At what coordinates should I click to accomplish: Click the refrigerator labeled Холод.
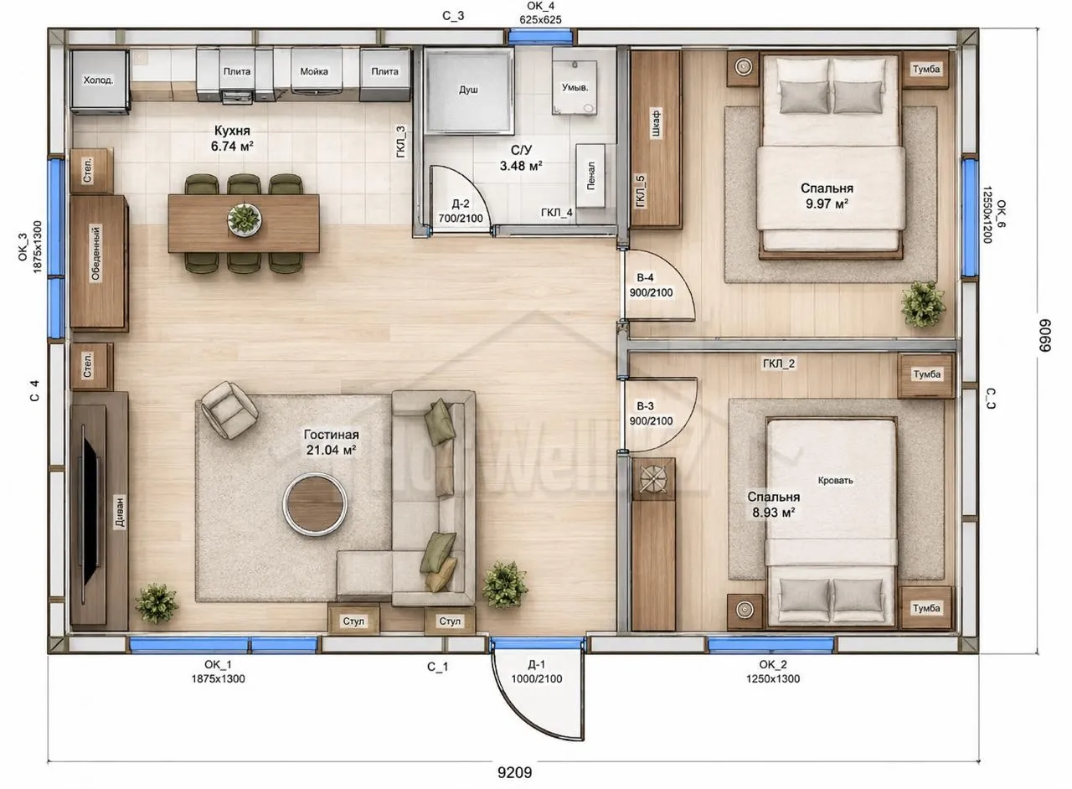(x=100, y=80)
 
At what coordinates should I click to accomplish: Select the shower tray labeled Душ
(x=468, y=90)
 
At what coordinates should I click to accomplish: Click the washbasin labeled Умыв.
(x=575, y=87)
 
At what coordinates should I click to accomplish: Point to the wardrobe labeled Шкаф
(x=655, y=138)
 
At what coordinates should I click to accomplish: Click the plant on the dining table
(x=244, y=219)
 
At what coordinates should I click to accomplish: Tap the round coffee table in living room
(x=314, y=504)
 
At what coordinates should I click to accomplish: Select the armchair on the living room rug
(x=229, y=410)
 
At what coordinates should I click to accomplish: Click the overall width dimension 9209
(x=514, y=772)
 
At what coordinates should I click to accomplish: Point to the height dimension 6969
(x=1045, y=336)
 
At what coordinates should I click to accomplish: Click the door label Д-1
(x=536, y=664)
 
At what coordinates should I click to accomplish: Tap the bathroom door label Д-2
(x=460, y=204)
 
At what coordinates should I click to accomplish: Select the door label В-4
(x=645, y=278)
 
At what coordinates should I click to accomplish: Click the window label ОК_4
(x=540, y=6)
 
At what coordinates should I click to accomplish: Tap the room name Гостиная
(x=331, y=435)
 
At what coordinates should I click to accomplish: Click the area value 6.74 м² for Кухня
(x=232, y=146)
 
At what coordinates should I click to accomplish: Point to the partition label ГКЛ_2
(x=779, y=364)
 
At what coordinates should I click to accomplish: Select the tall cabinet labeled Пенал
(x=590, y=176)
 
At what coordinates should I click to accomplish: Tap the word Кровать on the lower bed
(x=836, y=480)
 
